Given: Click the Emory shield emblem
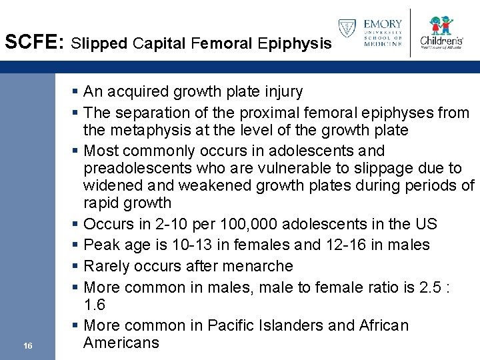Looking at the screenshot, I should pos(347,29).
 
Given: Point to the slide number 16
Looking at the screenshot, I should pos(27,345).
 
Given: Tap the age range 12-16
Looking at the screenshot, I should pos(355,245).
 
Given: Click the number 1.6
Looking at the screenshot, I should pos(95,305).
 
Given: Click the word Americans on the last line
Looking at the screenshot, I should pos(121,343).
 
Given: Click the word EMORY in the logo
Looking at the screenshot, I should pos(383,24).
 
